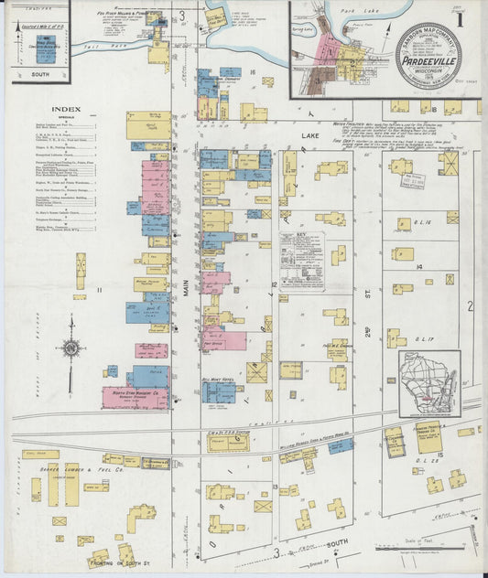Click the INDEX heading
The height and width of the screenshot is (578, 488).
click(x=67, y=110)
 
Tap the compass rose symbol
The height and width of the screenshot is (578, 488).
click(x=70, y=348)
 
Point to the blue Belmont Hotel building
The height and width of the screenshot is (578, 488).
click(x=220, y=392)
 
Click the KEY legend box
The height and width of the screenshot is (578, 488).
click(x=303, y=261)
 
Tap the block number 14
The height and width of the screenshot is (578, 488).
click(x=418, y=266)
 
